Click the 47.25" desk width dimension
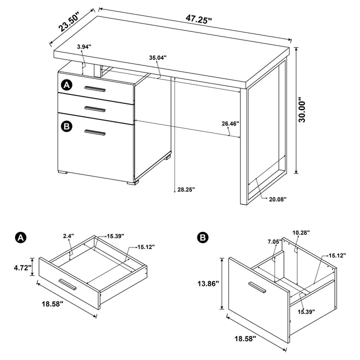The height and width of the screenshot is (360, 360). click(198, 19)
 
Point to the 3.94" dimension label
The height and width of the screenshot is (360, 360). click(85, 46)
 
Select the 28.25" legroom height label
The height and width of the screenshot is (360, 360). click(186, 189)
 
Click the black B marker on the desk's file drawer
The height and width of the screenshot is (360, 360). click(67, 125)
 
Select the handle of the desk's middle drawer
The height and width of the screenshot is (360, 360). click(95, 108)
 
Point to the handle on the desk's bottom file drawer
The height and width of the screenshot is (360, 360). click(95, 132)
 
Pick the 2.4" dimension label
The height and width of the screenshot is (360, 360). click(69, 235)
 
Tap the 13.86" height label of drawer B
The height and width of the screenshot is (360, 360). click(206, 283)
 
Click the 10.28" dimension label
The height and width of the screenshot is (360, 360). click(300, 232)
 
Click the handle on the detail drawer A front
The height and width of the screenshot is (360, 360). click(67, 285)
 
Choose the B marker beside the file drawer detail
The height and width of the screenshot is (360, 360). click(203, 237)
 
